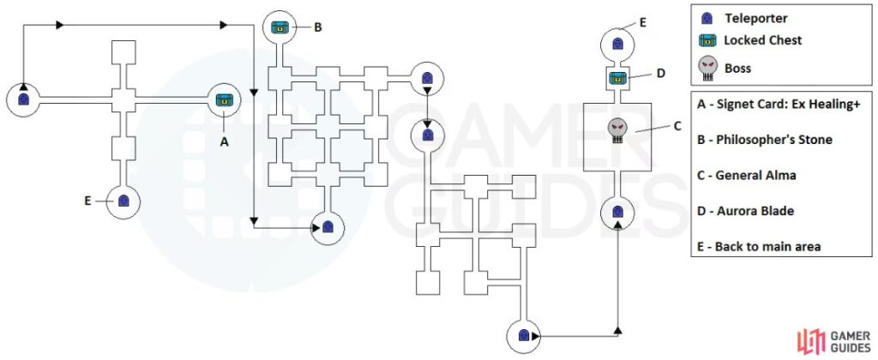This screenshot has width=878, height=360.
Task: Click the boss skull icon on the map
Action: coord(617,131)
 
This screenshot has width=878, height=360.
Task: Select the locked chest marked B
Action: coord(279,27)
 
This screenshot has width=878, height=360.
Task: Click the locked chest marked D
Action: coord(617,80)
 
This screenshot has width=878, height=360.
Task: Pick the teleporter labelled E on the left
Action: coord(123,201)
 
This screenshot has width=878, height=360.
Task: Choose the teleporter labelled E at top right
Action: coord(617,43)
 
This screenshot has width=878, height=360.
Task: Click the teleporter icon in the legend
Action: coord(707,18)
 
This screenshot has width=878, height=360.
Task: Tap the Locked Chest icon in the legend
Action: coord(707,40)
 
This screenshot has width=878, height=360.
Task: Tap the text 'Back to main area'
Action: coord(764,246)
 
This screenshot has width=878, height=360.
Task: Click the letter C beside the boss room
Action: coord(677,126)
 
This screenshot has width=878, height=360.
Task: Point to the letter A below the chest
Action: coord(225,142)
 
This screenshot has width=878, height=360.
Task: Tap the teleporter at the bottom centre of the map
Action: coord(522,337)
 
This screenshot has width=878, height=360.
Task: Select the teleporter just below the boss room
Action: coord(617,212)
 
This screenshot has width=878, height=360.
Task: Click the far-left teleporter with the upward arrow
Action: coord(23,99)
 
